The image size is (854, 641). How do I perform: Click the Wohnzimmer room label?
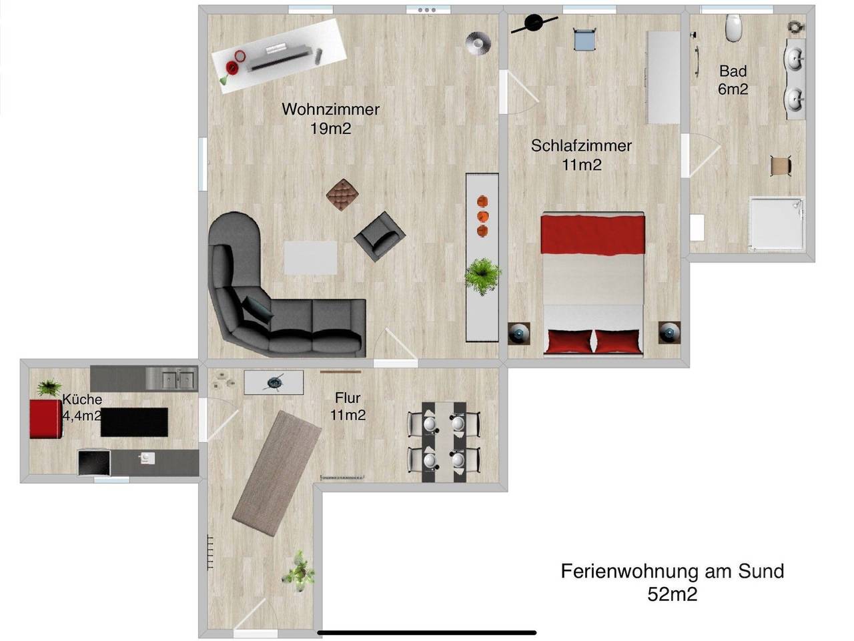pos(330,109)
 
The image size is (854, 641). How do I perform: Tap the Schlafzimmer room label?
pos(581,145)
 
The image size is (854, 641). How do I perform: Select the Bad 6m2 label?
pos(733,79)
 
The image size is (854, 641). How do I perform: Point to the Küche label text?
pos(82,400)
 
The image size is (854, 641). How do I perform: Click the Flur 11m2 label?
pos(348,406)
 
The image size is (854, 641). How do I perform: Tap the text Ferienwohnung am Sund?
pos(672,572)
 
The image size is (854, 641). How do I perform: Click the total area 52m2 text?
pos(672,594)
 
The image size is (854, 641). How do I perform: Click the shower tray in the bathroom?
pos(778,223)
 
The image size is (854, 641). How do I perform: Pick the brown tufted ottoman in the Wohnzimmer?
pos(343,194)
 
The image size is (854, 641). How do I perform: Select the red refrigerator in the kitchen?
pos(45,419)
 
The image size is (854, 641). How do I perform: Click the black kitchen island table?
pos(134,422)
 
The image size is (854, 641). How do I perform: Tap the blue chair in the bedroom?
pos(584,39)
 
